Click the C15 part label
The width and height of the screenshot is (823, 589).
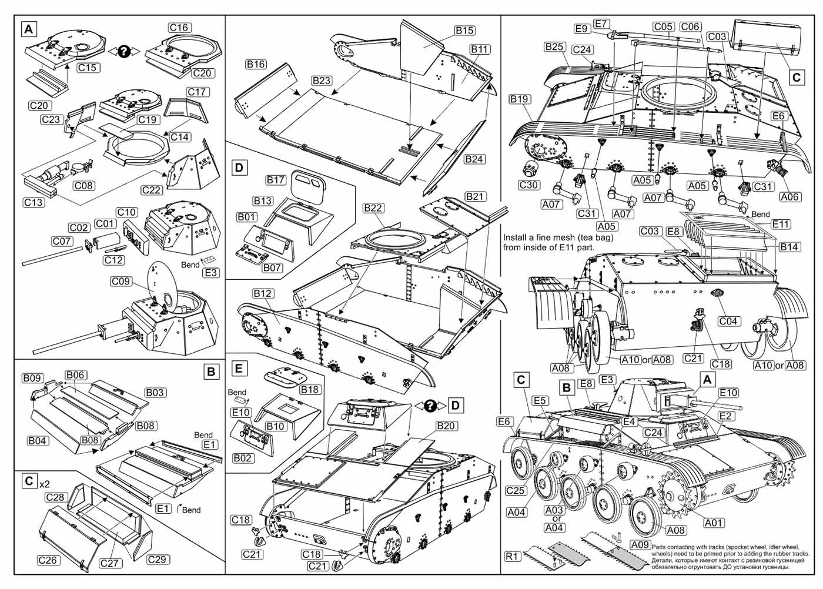pos(87,68)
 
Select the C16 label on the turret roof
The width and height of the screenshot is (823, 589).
pos(179,28)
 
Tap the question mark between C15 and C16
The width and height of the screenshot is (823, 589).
pos(123,51)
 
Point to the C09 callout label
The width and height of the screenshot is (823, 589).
pos(121,282)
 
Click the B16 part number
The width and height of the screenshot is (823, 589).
pos(256,64)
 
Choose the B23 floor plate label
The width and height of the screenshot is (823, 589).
pos(322,80)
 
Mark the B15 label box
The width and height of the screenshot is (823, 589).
pos(464,31)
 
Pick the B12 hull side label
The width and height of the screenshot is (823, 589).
pos(263,293)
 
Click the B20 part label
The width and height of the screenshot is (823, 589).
pos(446,426)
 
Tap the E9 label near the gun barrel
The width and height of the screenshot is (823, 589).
pos(581,29)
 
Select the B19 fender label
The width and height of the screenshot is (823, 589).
pos(520,99)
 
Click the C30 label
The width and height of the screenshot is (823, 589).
pos(529,185)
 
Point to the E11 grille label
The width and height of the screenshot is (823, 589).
pos(781,225)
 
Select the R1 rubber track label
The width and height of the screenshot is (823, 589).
pos(513,556)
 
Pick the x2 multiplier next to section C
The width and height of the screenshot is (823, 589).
pos(45,484)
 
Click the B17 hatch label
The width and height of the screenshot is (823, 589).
pos(276,180)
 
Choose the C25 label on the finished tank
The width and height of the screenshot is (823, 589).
pos(516,491)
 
